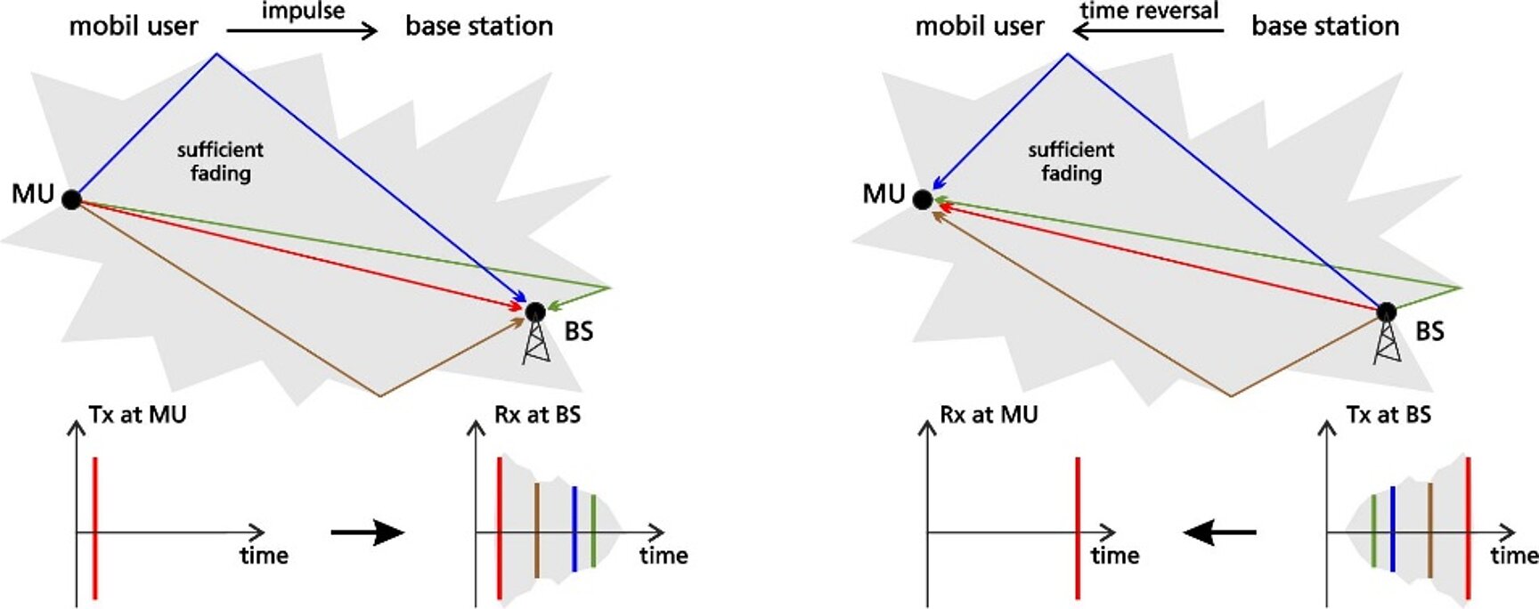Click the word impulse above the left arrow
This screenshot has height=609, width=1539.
303,12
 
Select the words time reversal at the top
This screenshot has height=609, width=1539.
1148,12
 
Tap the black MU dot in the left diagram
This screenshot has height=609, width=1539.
72,199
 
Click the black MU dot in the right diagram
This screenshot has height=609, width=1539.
923,199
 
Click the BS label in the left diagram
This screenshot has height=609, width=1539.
579,331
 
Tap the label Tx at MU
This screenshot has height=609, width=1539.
137,415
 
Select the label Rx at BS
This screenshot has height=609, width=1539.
537,415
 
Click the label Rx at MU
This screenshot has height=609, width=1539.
989,415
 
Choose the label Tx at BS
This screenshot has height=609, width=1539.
1388,415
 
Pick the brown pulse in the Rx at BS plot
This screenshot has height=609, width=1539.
537,530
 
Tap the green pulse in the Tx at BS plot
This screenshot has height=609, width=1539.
1374,531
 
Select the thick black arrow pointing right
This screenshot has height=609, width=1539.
368,532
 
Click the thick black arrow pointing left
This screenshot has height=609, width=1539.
1219,532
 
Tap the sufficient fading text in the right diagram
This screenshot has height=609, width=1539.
1071,161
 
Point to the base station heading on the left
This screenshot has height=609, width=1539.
479,27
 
